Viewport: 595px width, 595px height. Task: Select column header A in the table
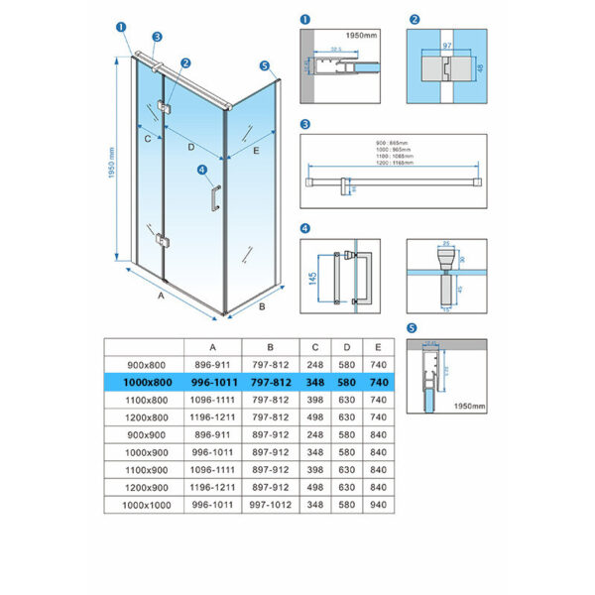(x=213, y=346)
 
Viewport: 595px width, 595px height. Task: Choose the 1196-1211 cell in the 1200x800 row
(x=213, y=416)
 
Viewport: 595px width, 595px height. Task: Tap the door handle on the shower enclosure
(x=212, y=195)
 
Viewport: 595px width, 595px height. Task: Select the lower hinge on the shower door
(x=162, y=240)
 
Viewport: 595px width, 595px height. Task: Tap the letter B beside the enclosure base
(x=261, y=307)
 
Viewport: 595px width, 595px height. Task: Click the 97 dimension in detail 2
(x=446, y=47)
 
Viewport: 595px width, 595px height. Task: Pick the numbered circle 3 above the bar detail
(x=305, y=125)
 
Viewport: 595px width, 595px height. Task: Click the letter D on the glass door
(x=190, y=148)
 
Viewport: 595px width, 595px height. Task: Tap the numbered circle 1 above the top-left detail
(x=305, y=19)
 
